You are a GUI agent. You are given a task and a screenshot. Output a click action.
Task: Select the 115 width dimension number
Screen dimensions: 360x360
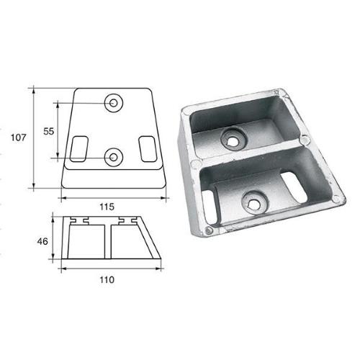click(107, 206)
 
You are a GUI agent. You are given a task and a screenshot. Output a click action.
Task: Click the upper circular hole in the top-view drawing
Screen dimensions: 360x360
click(114, 104)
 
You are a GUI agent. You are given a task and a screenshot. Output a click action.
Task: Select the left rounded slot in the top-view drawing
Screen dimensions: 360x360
click(78, 148)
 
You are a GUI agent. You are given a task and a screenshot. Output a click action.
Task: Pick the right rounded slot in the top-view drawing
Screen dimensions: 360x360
click(148, 148)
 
